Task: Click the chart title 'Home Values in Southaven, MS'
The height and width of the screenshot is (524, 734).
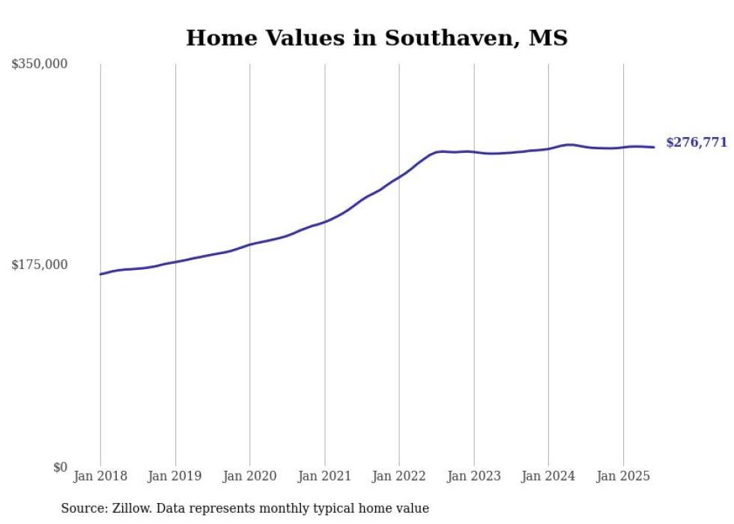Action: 377,37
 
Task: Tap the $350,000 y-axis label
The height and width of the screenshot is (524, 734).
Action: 40,64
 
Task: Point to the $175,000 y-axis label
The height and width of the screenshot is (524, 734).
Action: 40,265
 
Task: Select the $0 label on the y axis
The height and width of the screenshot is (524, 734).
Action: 61,467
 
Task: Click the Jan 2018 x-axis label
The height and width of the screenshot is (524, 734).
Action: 100,476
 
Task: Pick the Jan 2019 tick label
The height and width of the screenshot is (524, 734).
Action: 175,476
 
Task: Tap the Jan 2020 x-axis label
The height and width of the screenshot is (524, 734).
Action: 249,476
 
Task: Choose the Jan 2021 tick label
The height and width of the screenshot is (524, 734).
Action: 324,476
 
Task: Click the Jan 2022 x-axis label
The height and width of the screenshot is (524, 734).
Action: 399,476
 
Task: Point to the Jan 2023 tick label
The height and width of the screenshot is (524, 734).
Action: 473,476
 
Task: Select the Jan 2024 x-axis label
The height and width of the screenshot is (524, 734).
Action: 548,476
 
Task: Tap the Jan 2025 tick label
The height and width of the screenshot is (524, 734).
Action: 623,476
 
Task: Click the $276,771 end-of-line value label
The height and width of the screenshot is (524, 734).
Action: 696,142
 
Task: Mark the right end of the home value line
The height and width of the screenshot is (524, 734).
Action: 655,147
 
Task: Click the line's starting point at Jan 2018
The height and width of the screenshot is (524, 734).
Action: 100,274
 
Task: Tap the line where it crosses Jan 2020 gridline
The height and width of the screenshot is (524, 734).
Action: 249,244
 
